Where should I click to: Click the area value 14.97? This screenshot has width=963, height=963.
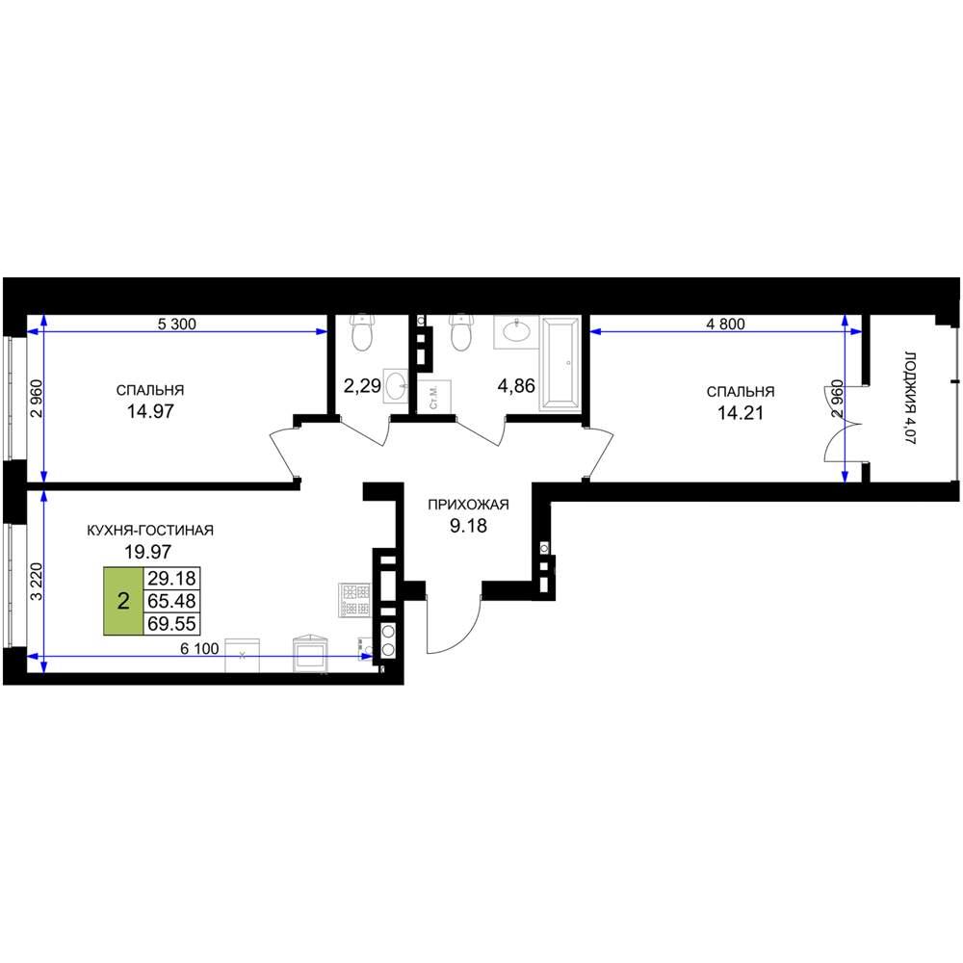pyautogui.click(x=150, y=411)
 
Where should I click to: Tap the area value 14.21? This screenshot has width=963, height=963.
pyautogui.click(x=740, y=413)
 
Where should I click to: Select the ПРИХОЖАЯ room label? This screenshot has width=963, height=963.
pyautogui.click(x=468, y=505)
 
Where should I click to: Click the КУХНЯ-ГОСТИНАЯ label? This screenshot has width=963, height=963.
pyautogui.click(x=150, y=530)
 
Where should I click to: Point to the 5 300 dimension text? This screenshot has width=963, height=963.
pyautogui.click(x=177, y=324)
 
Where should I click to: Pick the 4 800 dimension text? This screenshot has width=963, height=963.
pyautogui.click(x=725, y=324)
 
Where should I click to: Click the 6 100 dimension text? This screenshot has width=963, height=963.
pyautogui.click(x=199, y=648)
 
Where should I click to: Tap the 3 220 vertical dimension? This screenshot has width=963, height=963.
pyautogui.click(x=37, y=582)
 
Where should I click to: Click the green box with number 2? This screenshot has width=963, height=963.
pyautogui.click(x=123, y=601)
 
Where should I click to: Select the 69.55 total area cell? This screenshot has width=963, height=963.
pyautogui.click(x=172, y=623)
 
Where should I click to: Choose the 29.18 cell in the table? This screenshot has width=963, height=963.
pyautogui.click(x=172, y=578)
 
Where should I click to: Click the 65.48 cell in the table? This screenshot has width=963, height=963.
pyautogui.click(x=172, y=601)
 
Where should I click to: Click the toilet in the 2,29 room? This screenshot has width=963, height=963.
pyautogui.click(x=362, y=332)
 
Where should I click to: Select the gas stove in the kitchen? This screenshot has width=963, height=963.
pyautogui.click(x=354, y=600)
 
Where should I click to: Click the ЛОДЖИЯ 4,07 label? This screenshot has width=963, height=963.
pyautogui.click(x=910, y=398)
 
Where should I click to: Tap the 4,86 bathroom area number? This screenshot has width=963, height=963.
pyautogui.click(x=516, y=386)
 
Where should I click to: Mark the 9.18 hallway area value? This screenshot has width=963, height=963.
pyautogui.click(x=468, y=526)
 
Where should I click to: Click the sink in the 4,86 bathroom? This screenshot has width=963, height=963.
pyautogui.click(x=516, y=332)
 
